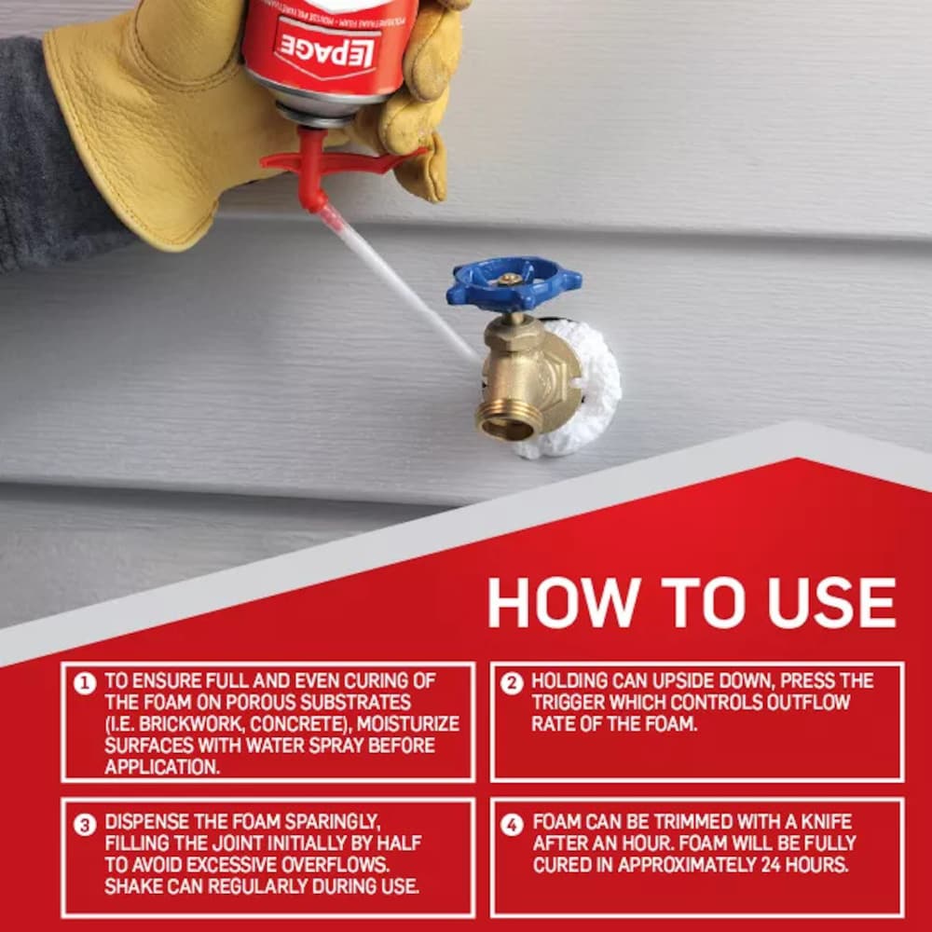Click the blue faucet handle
514,283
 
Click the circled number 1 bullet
85,683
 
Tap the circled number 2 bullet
512,683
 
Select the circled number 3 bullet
85,825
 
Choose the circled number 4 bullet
512,825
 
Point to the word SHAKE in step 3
131,884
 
